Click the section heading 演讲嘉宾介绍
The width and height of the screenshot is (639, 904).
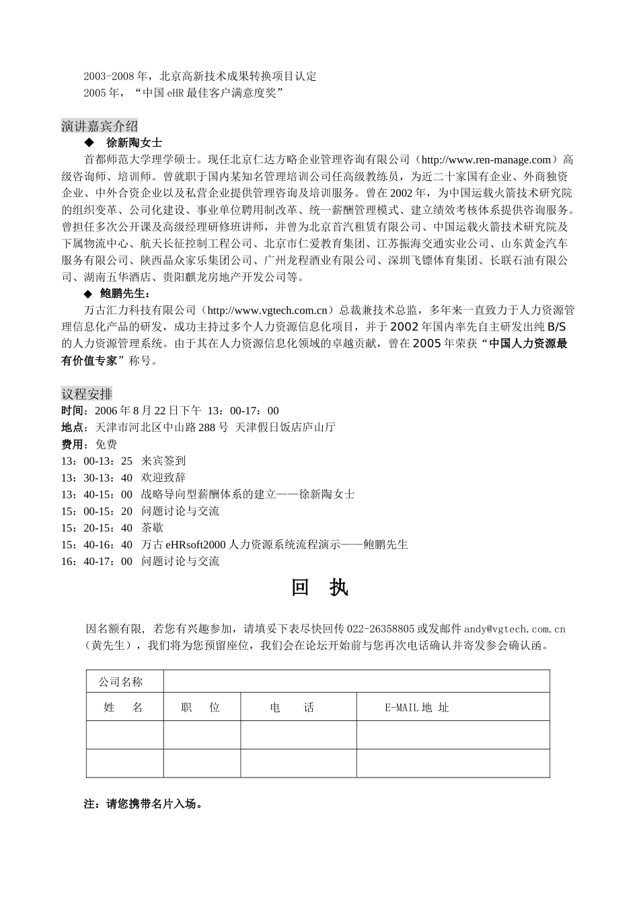(100, 126)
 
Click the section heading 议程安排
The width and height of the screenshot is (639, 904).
(87, 394)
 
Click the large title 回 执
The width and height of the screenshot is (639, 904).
(319, 587)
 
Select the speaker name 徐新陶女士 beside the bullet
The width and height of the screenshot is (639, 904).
(134, 143)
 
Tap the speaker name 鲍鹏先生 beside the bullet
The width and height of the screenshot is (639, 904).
(126, 293)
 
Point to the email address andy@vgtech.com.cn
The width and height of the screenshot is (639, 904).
(515, 629)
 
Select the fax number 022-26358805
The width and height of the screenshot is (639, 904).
(379, 629)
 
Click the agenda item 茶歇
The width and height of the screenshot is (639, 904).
(152, 528)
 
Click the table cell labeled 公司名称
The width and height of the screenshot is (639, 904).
(121, 682)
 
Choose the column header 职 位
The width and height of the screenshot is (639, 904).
(201, 708)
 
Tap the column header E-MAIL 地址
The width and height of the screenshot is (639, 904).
(417, 708)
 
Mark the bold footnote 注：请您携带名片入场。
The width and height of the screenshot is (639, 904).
(143, 804)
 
